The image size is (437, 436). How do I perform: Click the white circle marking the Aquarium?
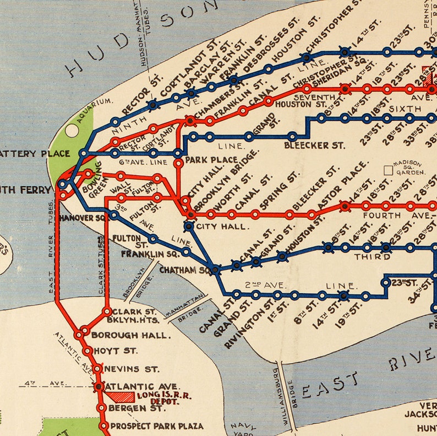pos(72,131)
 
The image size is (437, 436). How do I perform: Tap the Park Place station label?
pos(203,160)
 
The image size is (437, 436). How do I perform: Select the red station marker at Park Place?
pos(178,163)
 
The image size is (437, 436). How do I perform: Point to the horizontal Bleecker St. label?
pos(314,146)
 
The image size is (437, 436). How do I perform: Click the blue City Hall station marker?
pos(189,226)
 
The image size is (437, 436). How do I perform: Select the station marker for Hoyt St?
pos(87,351)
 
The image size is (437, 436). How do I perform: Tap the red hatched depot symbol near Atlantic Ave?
pos(120,396)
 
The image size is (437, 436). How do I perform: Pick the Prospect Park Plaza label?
pos(156,426)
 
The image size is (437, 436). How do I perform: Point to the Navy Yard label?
pos(243,428)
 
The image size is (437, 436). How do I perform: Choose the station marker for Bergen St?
pos(101,408)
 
